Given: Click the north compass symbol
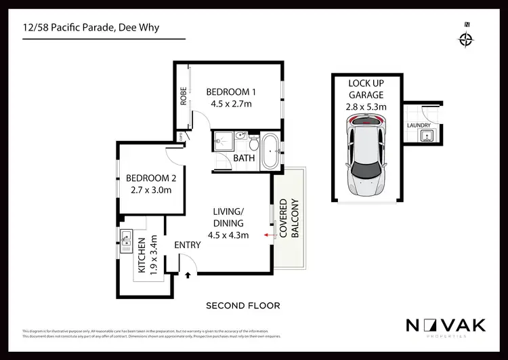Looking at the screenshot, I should point(466,38).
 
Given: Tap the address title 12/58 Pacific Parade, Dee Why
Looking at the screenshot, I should point(94,28).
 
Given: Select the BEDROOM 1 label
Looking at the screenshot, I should point(231,92).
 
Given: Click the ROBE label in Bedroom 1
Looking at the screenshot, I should point(183,97).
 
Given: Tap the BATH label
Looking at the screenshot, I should point(244,159).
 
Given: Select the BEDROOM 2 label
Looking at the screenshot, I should point(151,179).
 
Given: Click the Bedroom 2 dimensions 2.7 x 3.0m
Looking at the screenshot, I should point(151,191).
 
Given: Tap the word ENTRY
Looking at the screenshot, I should point(188,245).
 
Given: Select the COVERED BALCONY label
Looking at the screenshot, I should point(289,218).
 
